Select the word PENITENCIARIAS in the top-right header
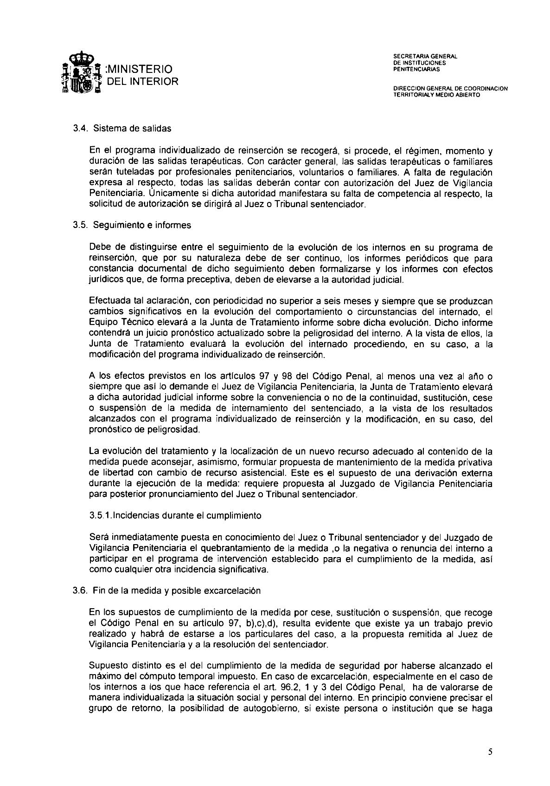click(x=416, y=70)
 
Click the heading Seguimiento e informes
click(x=142, y=226)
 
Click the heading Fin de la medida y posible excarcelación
click(x=177, y=591)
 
